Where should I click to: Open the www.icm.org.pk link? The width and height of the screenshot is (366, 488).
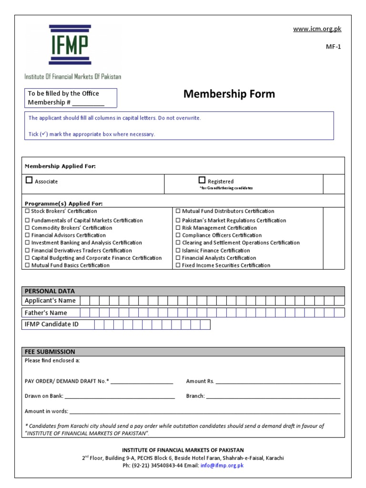[x=317, y=29]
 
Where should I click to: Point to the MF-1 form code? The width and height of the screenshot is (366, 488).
[x=334, y=47]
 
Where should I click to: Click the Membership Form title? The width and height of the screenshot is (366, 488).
[x=229, y=94]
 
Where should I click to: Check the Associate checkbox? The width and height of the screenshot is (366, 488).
[x=29, y=181]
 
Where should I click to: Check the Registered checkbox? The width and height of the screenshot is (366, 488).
[x=202, y=180]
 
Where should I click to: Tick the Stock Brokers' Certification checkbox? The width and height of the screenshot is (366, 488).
[x=27, y=211]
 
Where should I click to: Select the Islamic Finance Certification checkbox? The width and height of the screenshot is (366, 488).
[x=178, y=250]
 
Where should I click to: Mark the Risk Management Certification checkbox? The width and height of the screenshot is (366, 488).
[x=178, y=228]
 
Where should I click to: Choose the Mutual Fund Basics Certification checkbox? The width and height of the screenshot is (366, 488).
[x=27, y=265]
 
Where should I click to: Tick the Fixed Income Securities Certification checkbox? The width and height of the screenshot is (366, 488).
[x=178, y=265]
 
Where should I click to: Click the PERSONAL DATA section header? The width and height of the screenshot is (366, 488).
[x=50, y=291]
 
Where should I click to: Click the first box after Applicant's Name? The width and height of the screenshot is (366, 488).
[x=85, y=300]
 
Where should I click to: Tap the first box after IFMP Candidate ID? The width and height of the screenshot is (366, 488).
[x=99, y=325]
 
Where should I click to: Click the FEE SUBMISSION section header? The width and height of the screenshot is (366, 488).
[x=50, y=352]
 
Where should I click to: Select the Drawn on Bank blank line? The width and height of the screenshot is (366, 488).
[x=119, y=397]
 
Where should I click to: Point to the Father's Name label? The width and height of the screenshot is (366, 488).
[x=46, y=313]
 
